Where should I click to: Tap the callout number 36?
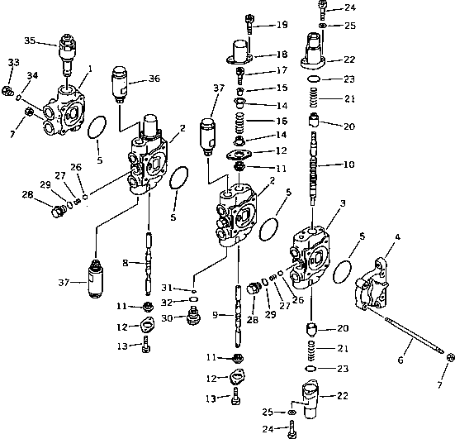(x=154, y=79)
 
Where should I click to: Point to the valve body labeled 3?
(x=315, y=256)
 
